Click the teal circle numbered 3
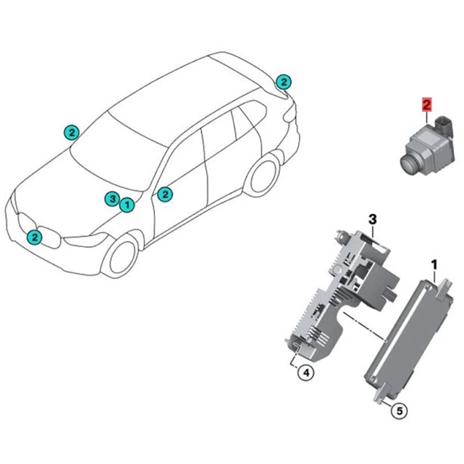[x=112, y=199]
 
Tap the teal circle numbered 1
[x=127, y=205]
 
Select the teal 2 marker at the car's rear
[x=284, y=82]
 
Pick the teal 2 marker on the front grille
[x=35, y=238]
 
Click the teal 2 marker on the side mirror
[x=165, y=194]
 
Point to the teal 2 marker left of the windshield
[x=72, y=133]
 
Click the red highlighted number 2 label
[x=427, y=105]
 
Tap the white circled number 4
[x=306, y=373]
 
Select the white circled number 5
[x=399, y=411]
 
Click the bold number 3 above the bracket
[x=373, y=220]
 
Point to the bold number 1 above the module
[x=434, y=264]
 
